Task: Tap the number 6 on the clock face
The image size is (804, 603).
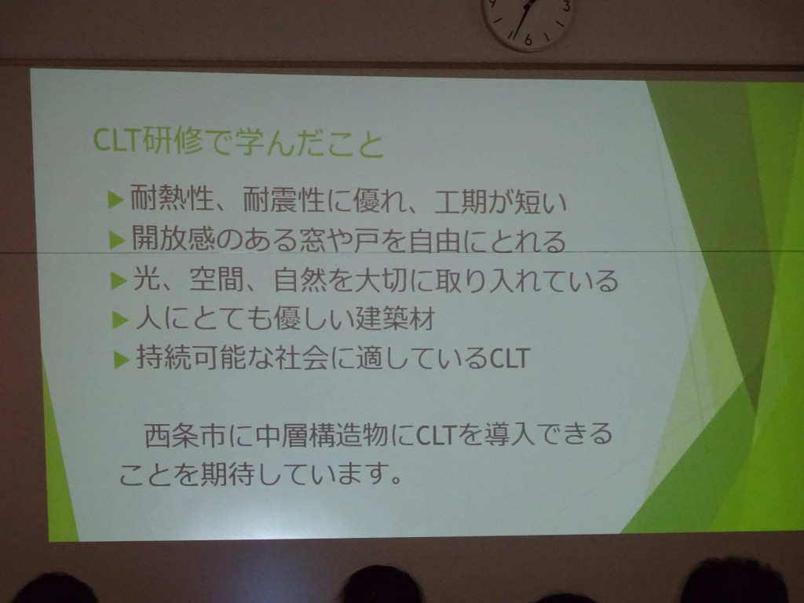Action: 528,40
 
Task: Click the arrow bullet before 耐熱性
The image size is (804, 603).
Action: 116,199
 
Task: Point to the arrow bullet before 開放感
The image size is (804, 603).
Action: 118,239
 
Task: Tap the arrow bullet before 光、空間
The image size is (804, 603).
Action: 119,280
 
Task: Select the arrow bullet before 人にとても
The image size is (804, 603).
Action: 120,320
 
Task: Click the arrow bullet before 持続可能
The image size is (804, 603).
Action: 122,358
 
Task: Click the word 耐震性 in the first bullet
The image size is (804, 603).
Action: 283,199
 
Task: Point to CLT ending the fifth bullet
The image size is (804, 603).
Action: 509,358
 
